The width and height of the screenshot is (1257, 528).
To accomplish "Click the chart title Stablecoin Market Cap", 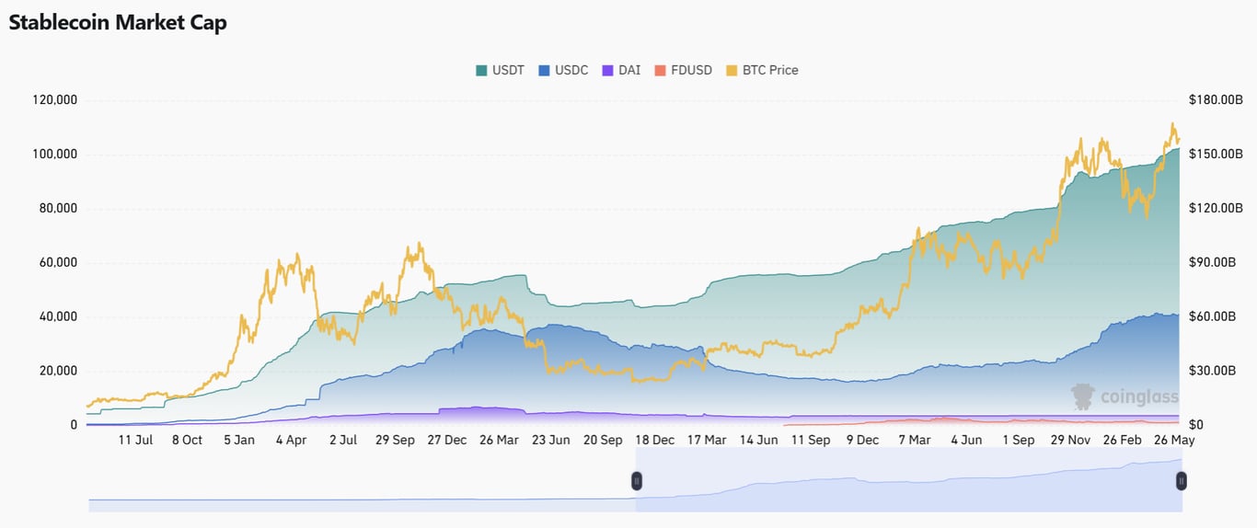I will [118, 23].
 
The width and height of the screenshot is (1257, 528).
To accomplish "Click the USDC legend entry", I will [562, 70].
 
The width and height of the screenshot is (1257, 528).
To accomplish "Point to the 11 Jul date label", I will [135, 440].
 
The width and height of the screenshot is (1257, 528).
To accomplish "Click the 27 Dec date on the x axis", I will [446, 440].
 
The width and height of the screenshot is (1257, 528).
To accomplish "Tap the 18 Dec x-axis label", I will [654, 440].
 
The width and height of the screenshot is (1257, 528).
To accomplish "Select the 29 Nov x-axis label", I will [1070, 440].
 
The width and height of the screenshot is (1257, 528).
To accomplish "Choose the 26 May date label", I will [1174, 440].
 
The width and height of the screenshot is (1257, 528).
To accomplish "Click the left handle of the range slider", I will [636, 480].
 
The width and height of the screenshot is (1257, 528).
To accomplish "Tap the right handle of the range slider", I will [1182, 480].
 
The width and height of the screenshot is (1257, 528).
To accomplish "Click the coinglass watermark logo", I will [1124, 396].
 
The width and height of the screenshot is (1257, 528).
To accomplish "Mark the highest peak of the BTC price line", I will [1172, 124].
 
